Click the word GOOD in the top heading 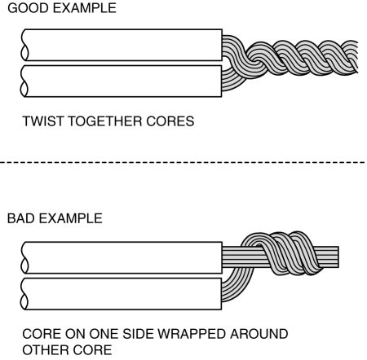[29, 8]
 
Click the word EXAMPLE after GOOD [85, 8]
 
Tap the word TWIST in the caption [43, 121]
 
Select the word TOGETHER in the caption [105, 121]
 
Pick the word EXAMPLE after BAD [71, 218]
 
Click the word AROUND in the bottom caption [259, 334]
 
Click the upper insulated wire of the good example [122, 45]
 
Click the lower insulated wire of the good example [122, 81]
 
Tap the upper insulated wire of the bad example [122, 257]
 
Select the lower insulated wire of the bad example [122, 294]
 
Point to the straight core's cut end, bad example [338, 257]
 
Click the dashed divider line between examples [183, 162]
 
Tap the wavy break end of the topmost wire [24, 45]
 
